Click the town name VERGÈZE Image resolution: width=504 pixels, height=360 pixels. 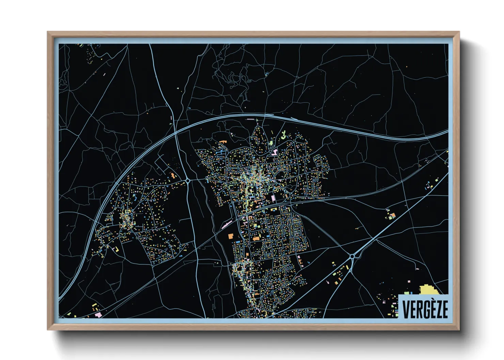pyautogui.click(x=425, y=309)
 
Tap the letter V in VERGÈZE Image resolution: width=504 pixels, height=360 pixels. pyautogui.click(x=406, y=309)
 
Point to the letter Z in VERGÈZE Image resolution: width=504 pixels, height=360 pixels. pyautogui.click(x=437, y=309)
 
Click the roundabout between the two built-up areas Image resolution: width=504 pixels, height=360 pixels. pyautogui.click(x=188, y=181)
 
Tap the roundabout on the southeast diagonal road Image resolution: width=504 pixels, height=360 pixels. pyautogui.click(x=352, y=257)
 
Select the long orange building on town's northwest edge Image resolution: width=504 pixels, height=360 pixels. pyautogui.click(x=223, y=141)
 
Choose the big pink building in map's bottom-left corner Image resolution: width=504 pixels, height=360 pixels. pyautogui.click(x=98, y=315)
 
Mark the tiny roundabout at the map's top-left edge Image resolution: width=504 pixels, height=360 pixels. pyautogui.click(x=91, y=45)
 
